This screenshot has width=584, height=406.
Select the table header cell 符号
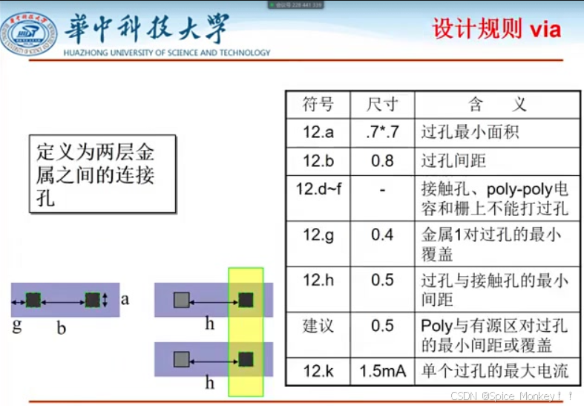pyautogui.click(x=318, y=104)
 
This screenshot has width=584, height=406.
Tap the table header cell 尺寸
pyautogui.click(x=383, y=104)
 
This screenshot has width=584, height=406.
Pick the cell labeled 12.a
pyautogui.click(x=318, y=132)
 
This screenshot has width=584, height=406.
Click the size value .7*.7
pyautogui.click(x=383, y=132)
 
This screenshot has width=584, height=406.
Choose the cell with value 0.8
pyautogui.click(x=383, y=160)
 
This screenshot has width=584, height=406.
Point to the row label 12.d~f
pyautogui.click(x=319, y=189)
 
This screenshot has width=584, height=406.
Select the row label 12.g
pyautogui.click(x=318, y=235)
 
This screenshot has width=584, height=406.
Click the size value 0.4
pyautogui.click(x=383, y=235)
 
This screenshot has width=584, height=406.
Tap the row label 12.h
pyautogui.click(x=318, y=281)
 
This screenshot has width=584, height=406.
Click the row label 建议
pyautogui.click(x=318, y=326)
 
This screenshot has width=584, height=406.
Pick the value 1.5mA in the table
pyautogui.click(x=383, y=371)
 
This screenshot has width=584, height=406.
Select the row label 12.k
pyautogui.click(x=318, y=371)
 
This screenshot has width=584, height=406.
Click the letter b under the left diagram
pyautogui.click(x=62, y=327)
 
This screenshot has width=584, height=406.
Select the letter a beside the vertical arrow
pyautogui.click(x=125, y=300)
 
